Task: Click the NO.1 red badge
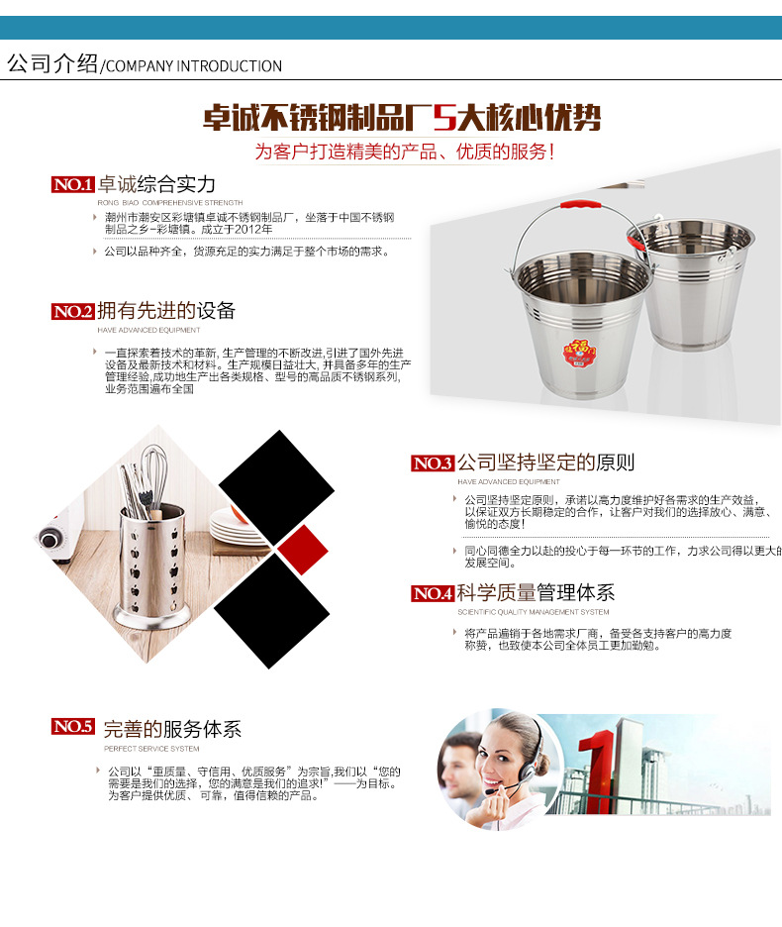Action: pyautogui.click(x=72, y=184)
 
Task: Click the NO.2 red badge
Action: pyautogui.click(x=72, y=311)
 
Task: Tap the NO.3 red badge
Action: pyautogui.click(x=432, y=463)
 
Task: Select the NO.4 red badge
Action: pyautogui.click(x=432, y=593)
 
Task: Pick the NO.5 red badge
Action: pyautogui.click(x=72, y=727)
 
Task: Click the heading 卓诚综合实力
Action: pyautogui.click(x=156, y=184)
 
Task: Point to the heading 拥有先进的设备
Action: pyautogui.click(x=167, y=311)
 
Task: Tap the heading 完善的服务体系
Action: pyautogui.click(x=172, y=730)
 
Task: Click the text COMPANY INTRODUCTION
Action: pyautogui.click(x=194, y=66)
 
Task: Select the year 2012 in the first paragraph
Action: pyautogui.click(x=254, y=229)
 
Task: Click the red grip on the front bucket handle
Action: pyautogui.click(x=581, y=206)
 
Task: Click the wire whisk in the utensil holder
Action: pyautogui.click(x=153, y=475)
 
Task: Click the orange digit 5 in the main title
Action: pyautogui.click(x=444, y=119)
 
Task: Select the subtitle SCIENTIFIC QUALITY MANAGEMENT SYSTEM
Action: pyautogui.click(x=533, y=612)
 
